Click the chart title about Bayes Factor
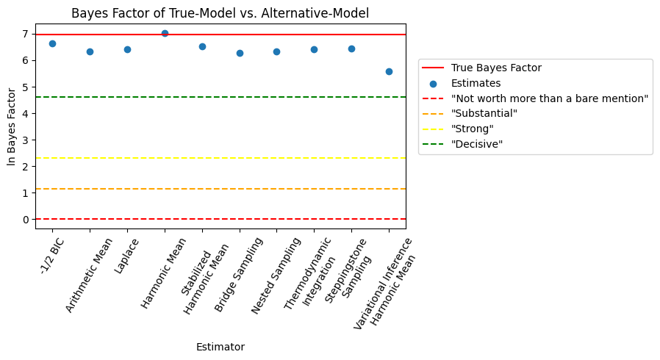pyautogui.click(x=220, y=12)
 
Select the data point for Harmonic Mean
pyautogui.click(x=165, y=33)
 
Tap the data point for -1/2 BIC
pyautogui.click(x=52, y=43)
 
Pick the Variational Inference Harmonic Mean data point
pyautogui.click(x=389, y=71)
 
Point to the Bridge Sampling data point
pyautogui.click(x=240, y=53)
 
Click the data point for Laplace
pyautogui.click(x=127, y=49)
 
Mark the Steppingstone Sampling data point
pyautogui.click(x=351, y=48)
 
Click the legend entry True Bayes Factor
pyautogui.click(x=496, y=68)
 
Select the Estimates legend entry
pyautogui.click(x=476, y=83)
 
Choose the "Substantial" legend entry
pyautogui.click(x=484, y=114)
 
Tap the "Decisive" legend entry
pyautogui.click(x=476, y=144)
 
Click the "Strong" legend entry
pyautogui.click(x=471, y=129)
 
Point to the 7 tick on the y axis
pyautogui.click(x=25, y=34)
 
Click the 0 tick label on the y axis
pyautogui.click(x=25, y=219)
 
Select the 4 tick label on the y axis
pyautogui.click(x=25, y=113)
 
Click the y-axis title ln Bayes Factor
pyautogui.click(x=12, y=126)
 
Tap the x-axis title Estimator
pyautogui.click(x=220, y=347)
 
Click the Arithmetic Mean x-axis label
pyautogui.click(x=89, y=275)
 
